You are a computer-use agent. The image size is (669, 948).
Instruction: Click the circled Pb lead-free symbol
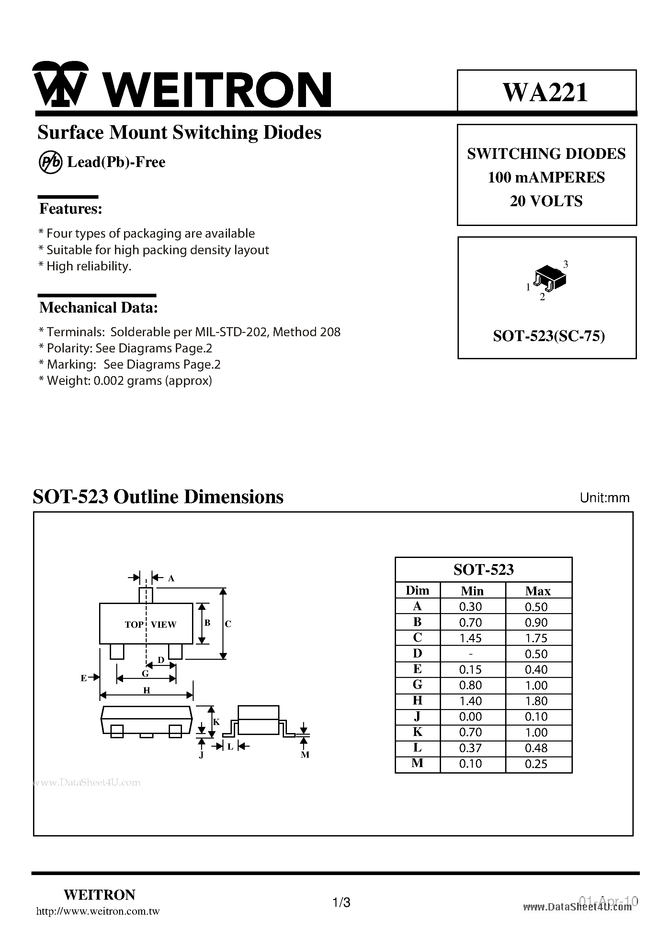(50, 162)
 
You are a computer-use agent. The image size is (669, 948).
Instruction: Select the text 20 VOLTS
(546, 201)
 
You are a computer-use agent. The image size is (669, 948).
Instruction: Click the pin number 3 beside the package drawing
(565, 264)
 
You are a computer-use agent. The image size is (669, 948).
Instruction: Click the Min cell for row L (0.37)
(470, 748)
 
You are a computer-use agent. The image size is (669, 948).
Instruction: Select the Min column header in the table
(472, 591)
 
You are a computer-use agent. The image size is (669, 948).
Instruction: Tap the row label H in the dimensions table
(417, 700)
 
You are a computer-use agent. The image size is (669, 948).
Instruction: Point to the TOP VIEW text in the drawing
(150, 624)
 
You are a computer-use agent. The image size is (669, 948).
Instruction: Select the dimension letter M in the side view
(305, 755)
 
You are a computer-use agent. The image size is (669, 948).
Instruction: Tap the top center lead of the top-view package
(146, 595)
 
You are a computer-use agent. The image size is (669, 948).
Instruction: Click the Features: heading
(71, 209)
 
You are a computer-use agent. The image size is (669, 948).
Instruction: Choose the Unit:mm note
(604, 498)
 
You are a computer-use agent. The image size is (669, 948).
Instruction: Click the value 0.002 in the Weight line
(108, 381)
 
